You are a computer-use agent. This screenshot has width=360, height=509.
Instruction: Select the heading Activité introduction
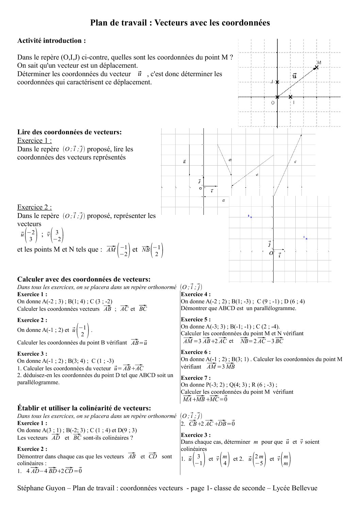[51, 41]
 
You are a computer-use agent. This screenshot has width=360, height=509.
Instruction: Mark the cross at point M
[316, 67]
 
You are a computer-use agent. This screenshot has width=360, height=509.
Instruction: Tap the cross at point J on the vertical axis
[277, 82]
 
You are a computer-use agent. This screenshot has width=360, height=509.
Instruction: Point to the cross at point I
[290, 97]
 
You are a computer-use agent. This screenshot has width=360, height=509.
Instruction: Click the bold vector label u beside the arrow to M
[294, 76]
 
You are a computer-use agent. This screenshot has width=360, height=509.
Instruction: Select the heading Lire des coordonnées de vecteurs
[69, 132]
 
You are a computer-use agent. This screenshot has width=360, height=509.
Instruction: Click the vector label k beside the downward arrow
[184, 162]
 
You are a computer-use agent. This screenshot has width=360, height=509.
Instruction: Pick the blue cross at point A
[307, 239]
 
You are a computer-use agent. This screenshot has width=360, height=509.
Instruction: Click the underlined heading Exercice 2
[34, 207]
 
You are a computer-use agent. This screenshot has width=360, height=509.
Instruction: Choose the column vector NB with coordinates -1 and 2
[152, 250]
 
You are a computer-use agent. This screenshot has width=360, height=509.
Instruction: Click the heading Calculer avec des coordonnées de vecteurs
[84, 279]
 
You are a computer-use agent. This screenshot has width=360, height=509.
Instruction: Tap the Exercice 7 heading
[196, 378]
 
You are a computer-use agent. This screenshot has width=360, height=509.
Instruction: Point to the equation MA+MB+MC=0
[205, 399]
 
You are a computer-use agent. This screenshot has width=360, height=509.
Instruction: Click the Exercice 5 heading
[196, 320]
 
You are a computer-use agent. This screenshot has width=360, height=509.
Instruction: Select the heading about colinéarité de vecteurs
[84, 408]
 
